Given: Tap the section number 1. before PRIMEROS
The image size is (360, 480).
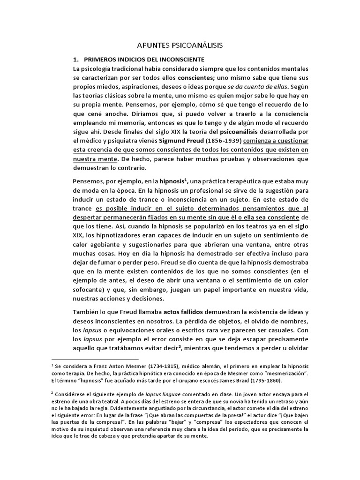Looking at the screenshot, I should point(75,60).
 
